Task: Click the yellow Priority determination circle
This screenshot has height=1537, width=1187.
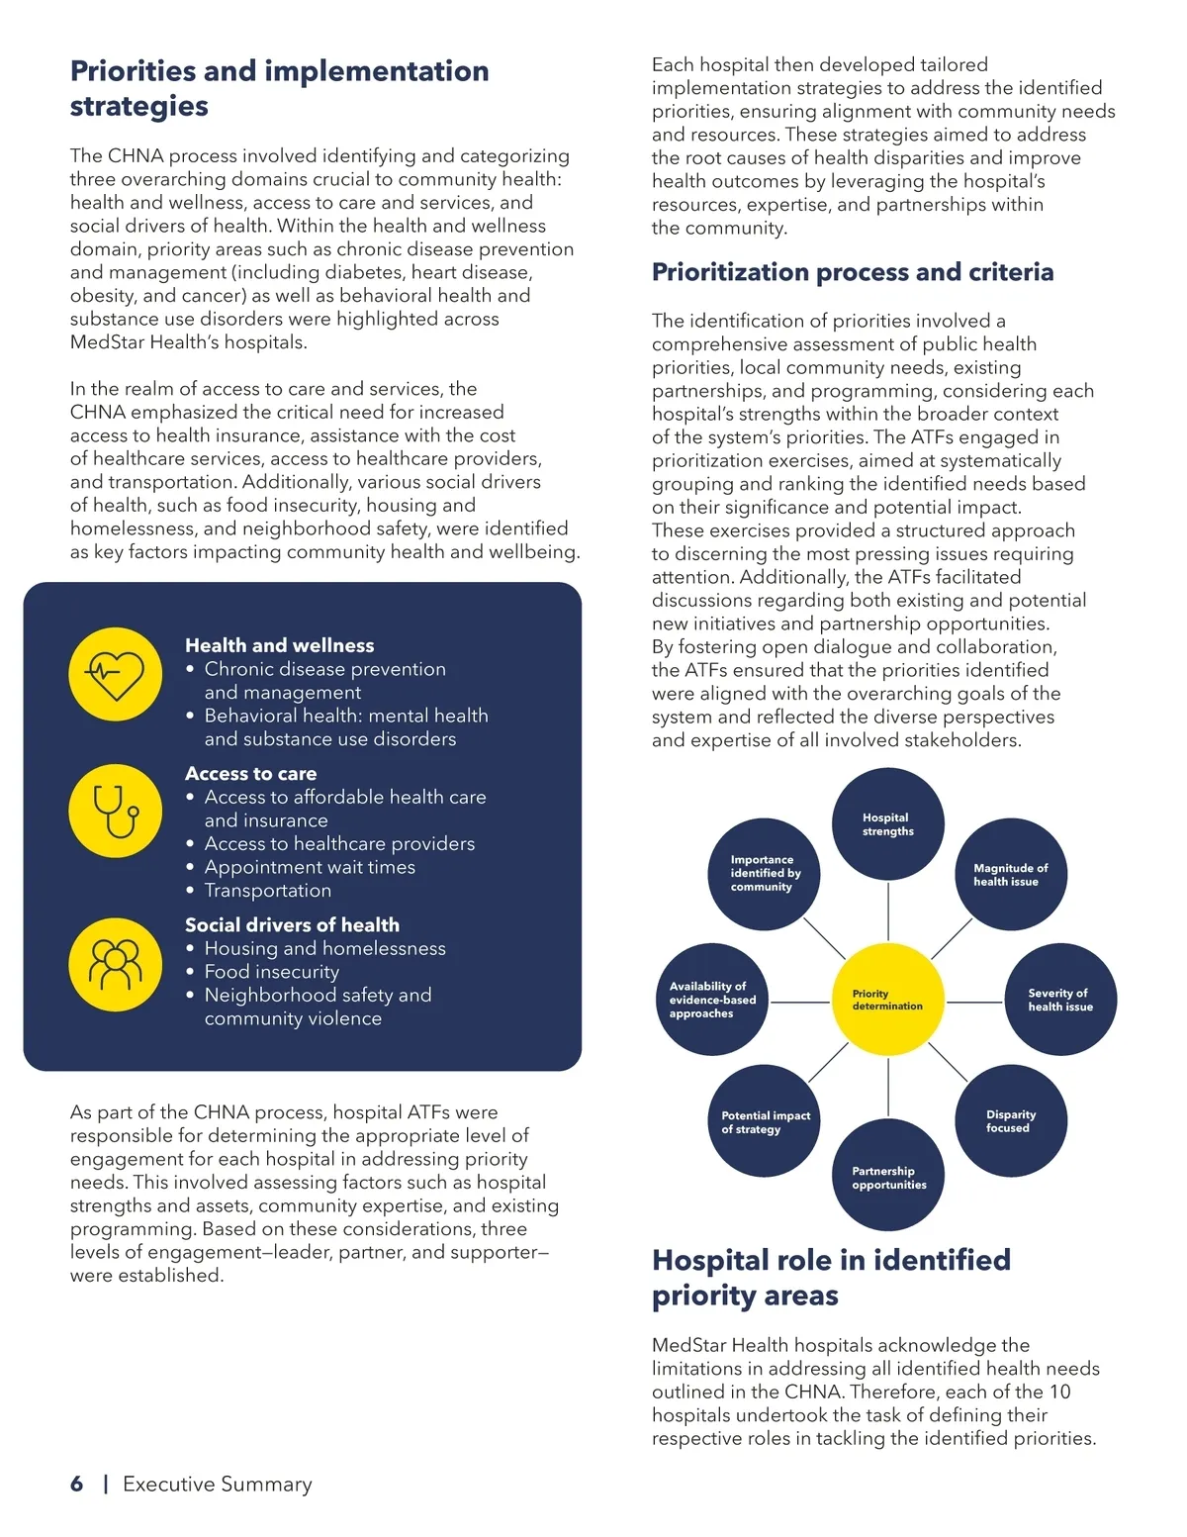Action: point(887,1000)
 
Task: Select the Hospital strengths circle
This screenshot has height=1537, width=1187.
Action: point(887,824)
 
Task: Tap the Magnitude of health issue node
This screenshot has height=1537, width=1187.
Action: point(1011,875)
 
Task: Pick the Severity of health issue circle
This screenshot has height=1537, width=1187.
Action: point(1060,1000)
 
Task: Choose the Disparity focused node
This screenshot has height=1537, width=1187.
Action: point(1011,1121)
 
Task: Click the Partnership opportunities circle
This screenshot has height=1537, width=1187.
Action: point(888,1177)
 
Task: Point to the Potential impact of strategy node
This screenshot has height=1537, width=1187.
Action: point(765,1121)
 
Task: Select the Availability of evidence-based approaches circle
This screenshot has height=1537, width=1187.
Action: point(712,1000)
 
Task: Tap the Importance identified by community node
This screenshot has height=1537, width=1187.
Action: point(765,874)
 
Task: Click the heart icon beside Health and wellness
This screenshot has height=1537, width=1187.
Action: point(116,674)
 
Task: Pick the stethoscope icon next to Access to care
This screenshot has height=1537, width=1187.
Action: point(116,811)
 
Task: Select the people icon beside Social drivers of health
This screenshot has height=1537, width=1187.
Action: point(116,964)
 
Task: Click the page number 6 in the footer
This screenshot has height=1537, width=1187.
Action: point(76,1484)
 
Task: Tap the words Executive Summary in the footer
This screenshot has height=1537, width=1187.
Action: point(217,1484)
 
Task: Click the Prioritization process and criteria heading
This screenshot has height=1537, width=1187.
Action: point(852,272)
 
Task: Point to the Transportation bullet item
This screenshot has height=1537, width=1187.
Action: point(267,891)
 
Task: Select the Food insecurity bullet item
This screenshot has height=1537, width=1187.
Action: point(271,972)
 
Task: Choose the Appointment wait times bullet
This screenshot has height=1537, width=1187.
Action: point(310,867)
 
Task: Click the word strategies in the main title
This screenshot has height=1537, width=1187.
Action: point(138,106)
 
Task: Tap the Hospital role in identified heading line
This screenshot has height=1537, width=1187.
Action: point(831,1260)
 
